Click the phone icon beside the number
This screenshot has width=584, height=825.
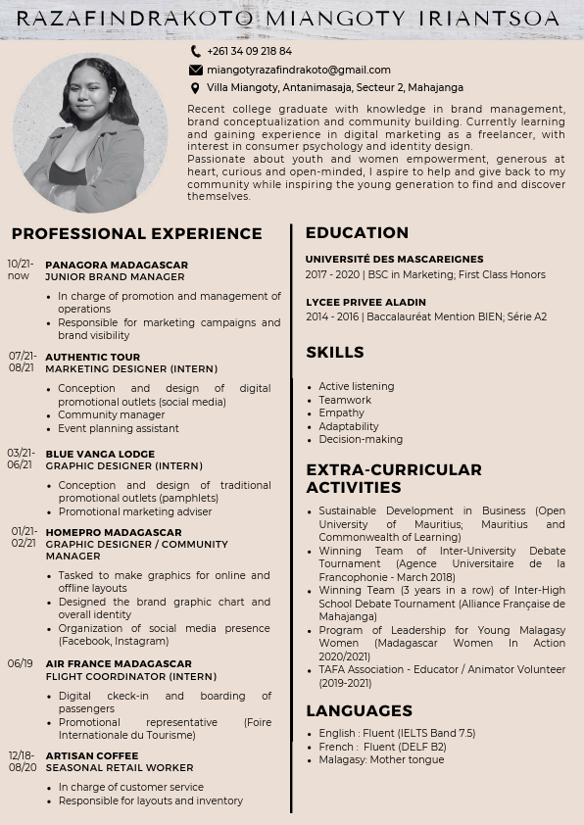196,51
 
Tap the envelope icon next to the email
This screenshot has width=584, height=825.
196,70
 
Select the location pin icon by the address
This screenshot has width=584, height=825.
196,88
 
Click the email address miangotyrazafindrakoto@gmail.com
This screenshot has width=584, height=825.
298,70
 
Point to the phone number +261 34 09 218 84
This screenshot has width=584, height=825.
249,51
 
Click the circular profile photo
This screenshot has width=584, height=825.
90,132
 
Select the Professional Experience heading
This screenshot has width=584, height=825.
137,233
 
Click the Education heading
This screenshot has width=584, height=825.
357,232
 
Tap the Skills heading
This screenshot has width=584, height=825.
334,352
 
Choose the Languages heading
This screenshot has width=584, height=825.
359,710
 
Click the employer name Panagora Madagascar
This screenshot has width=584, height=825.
117,265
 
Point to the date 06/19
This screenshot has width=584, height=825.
21,663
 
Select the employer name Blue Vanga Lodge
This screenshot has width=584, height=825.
100,454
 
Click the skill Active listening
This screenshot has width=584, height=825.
356,386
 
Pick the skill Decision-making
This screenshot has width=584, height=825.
360,439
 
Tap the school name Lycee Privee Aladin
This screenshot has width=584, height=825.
365,302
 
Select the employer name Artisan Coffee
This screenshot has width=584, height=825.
91,755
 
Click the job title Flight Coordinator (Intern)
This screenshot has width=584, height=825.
130,676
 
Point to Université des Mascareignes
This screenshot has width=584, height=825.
394,260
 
